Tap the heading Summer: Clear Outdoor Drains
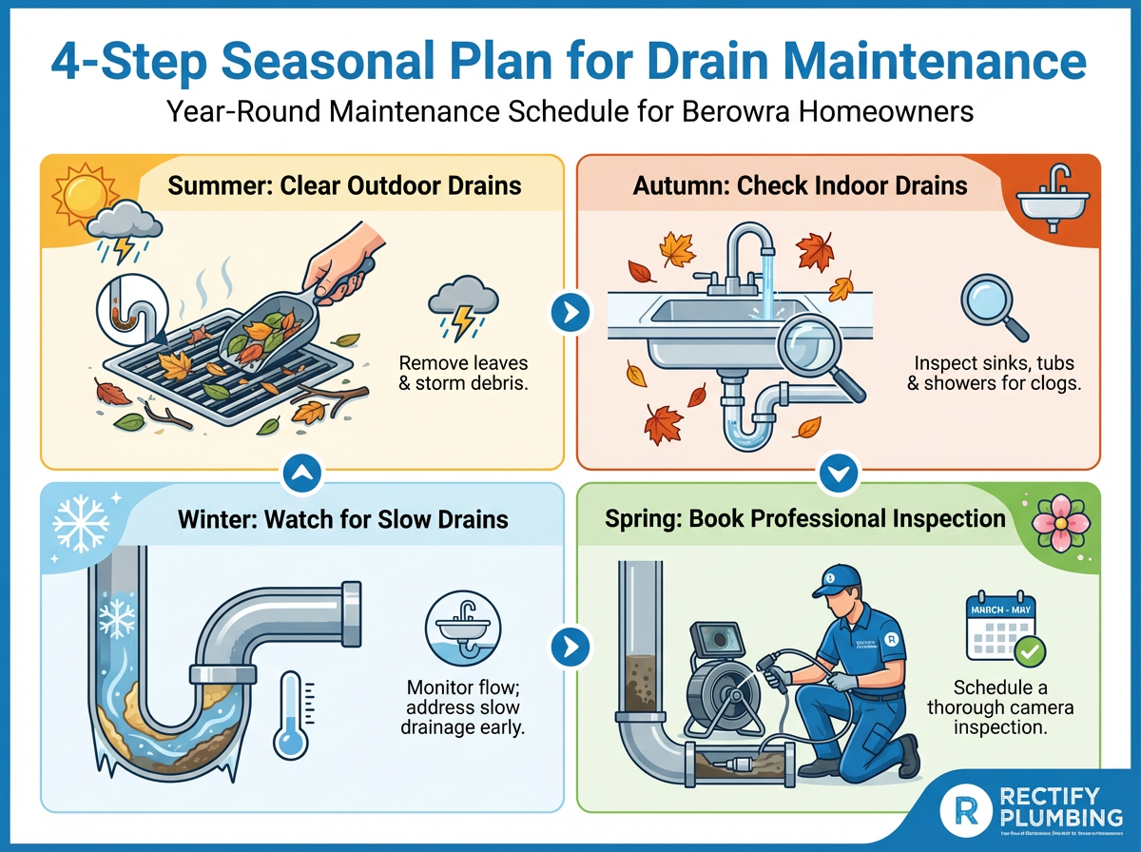tap(344, 184)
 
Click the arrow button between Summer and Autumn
tap(570, 312)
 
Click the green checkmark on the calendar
tap(1028, 652)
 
